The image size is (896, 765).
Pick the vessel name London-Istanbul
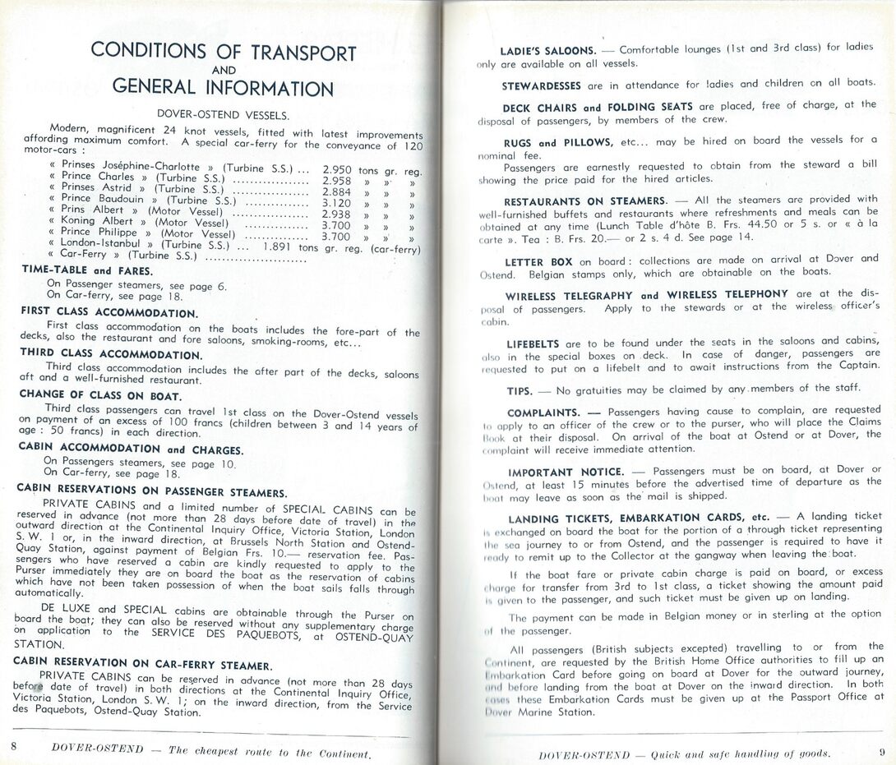click(107, 244)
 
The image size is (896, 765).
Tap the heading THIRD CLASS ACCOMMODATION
click(112, 354)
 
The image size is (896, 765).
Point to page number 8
click(14, 744)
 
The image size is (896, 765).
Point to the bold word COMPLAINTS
click(543, 412)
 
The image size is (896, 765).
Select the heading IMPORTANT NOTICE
click(566, 472)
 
